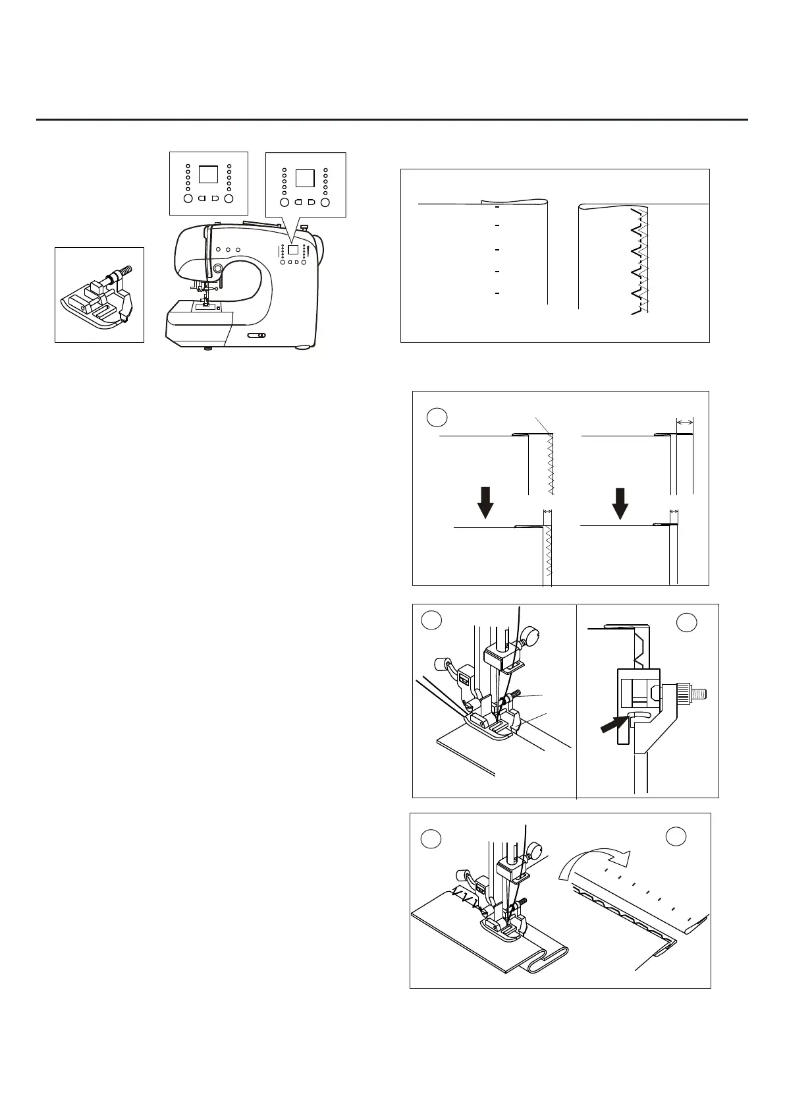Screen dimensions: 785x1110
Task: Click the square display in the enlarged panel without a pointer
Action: [208, 174]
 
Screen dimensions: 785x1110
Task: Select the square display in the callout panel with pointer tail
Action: [305, 178]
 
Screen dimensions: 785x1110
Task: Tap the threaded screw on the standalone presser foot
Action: [122, 271]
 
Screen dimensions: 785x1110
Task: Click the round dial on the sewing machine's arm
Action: [217, 268]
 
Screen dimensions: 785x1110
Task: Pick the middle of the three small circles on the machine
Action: [228, 249]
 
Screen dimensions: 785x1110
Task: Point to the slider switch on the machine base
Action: [257, 336]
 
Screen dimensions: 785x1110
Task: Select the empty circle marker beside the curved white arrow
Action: [676, 836]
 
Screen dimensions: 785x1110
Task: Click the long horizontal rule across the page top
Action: [392, 120]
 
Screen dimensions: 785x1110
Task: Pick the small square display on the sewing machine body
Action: [293, 250]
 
